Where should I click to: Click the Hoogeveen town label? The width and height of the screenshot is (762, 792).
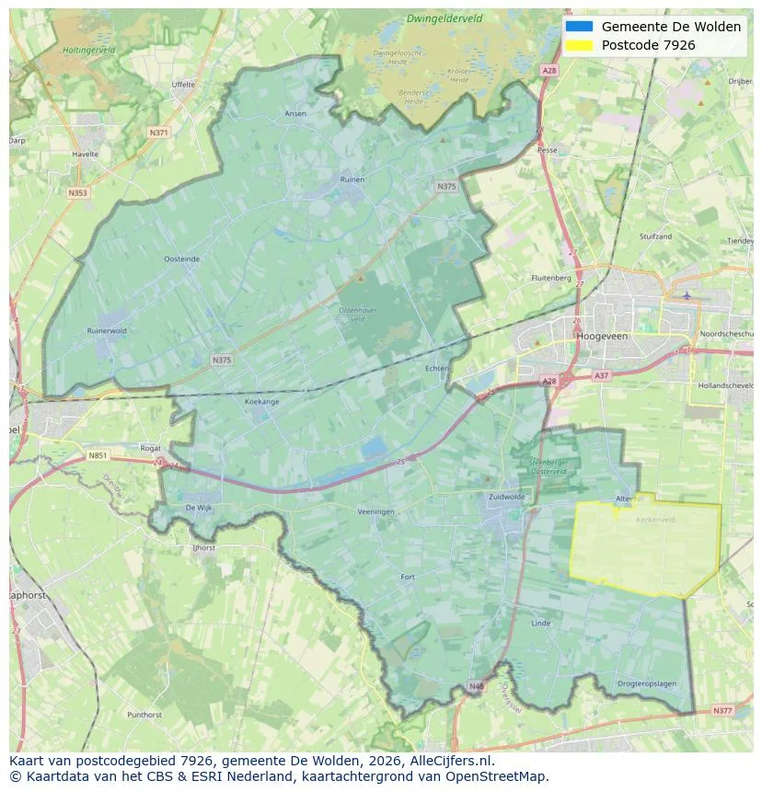[x=602, y=337]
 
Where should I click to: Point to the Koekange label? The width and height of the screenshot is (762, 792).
[x=261, y=401]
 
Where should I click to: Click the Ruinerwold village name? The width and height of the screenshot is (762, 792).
[x=107, y=330]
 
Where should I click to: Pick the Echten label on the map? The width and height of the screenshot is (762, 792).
[x=437, y=368]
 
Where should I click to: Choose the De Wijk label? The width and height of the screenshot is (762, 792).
[x=199, y=507]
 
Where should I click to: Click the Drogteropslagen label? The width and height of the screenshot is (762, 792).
[x=647, y=683]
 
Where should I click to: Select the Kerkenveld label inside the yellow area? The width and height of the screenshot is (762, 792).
[x=655, y=519]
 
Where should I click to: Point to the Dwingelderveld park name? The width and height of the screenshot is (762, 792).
[x=444, y=18]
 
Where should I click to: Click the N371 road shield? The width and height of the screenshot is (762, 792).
[x=158, y=132]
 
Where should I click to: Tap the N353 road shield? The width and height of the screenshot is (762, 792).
[x=77, y=193]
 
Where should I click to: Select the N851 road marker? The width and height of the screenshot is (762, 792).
[x=98, y=455]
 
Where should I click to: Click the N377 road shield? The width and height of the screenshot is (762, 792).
[x=722, y=710]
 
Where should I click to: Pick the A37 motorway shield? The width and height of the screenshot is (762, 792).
[x=601, y=375]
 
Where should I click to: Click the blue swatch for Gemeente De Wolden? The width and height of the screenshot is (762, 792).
[x=579, y=27]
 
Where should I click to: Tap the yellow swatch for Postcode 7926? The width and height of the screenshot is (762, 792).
[x=579, y=45]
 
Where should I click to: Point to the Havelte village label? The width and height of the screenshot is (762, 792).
[x=85, y=155]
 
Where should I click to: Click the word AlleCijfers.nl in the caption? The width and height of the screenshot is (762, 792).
[x=453, y=761]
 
